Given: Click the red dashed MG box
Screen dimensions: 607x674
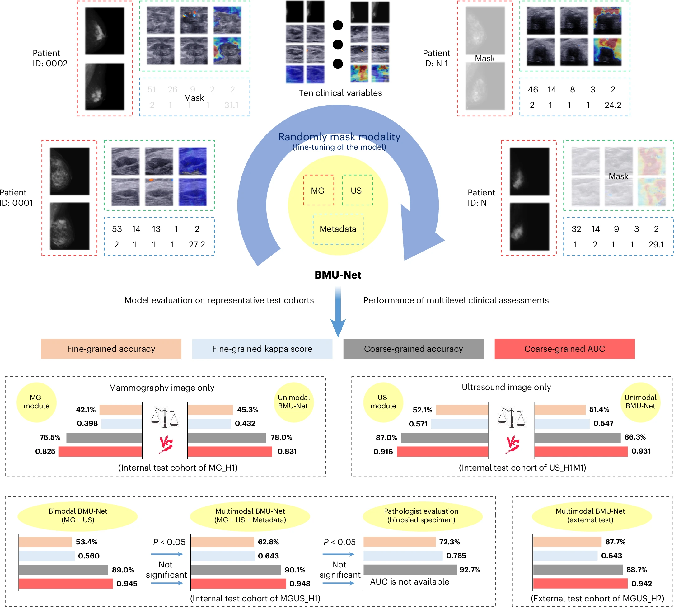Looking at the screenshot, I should point(318,190).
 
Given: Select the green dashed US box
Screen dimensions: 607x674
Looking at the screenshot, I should point(357,190).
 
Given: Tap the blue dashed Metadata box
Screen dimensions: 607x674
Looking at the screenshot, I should point(338,229).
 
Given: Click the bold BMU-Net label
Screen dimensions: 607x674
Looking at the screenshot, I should point(338,275).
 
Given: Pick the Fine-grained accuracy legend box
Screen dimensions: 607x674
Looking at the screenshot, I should point(111,349).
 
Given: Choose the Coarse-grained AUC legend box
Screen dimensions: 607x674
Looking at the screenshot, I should point(564,349).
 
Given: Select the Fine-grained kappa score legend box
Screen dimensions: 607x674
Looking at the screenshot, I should point(262,349).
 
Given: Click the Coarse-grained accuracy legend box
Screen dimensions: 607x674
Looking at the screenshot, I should point(413,349).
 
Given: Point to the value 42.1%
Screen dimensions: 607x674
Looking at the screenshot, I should point(86,410).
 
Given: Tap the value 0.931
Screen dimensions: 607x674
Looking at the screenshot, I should point(641,451).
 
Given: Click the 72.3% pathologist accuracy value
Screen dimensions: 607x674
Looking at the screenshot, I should point(449,542).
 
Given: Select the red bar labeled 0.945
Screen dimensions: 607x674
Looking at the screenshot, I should point(66,584).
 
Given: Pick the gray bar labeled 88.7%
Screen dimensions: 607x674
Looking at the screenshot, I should point(578,570).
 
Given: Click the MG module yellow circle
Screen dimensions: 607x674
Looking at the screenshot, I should point(36,402).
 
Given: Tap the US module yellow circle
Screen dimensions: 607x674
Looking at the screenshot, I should point(383,402).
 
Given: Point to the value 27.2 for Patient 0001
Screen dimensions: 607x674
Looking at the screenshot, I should point(197,244).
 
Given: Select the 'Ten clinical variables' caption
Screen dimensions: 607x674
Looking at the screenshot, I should point(340,93).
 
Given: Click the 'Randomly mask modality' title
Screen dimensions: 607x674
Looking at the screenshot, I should point(339,137).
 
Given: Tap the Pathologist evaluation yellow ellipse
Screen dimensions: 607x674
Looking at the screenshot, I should point(421,515).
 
